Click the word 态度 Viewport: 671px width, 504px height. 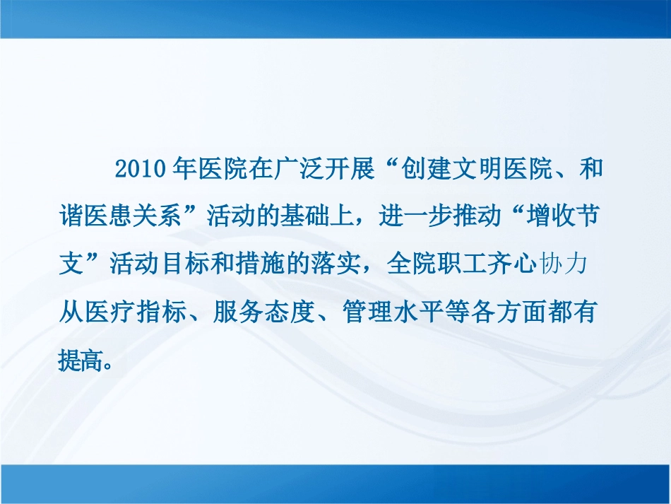click(x=290, y=309)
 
